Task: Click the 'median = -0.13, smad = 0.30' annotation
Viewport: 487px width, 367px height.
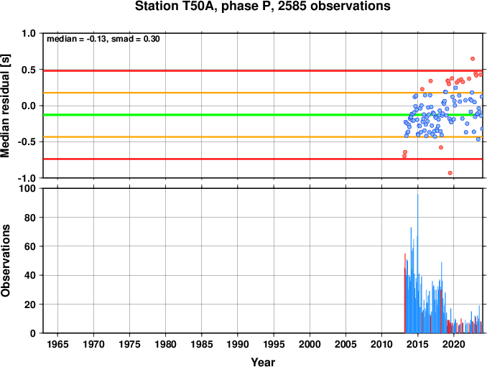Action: [103, 39]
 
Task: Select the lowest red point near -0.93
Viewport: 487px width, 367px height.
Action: [450, 173]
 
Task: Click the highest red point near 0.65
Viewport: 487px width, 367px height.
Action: [473, 59]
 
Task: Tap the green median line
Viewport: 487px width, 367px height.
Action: [263, 115]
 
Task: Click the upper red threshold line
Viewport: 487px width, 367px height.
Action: [263, 71]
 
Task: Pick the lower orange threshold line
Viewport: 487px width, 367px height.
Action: [263, 137]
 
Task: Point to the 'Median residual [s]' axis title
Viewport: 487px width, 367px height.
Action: [5, 106]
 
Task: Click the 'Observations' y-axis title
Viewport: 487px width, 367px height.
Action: [5, 261]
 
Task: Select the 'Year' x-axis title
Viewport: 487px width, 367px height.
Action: [263, 362]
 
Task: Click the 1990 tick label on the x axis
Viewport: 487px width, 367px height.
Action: [238, 344]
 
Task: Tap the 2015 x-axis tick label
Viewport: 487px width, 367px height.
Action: [418, 344]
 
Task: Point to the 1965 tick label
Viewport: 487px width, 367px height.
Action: [57, 344]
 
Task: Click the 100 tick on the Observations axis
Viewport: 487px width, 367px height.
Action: [27, 188]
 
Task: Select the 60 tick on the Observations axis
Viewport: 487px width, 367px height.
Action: [30, 246]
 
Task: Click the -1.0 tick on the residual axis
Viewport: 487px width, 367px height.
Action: [27, 178]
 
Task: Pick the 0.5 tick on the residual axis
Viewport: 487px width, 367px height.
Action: [29, 70]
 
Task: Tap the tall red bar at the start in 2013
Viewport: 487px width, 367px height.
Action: [404, 294]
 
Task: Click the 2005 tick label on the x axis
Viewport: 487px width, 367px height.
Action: [345, 344]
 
